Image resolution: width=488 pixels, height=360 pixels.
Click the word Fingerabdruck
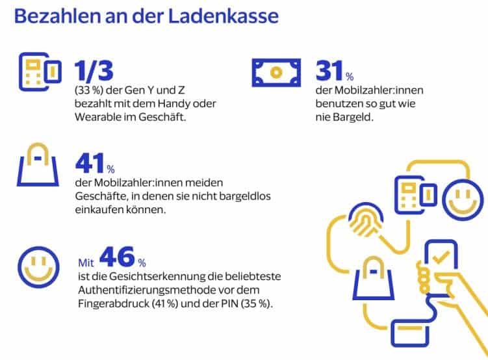107,304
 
